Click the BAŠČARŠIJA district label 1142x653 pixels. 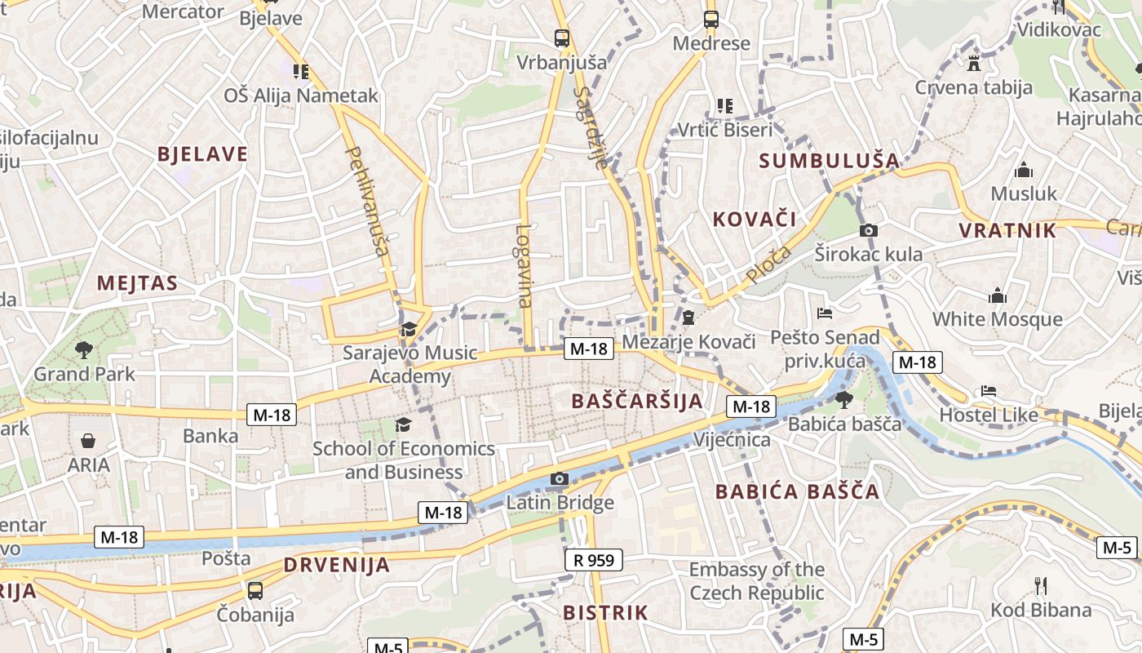point(637,401)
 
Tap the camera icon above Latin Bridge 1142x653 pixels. point(559,479)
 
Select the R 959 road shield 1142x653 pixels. point(594,560)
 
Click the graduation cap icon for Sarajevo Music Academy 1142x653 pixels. point(408,329)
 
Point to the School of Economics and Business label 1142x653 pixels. point(404,460)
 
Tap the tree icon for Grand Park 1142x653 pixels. point(83,351)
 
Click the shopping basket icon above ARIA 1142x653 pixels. point(88,442)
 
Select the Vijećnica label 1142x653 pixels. point(732,440)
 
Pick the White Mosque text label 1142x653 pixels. point(998,318)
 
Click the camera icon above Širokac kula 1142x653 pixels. point(869,231)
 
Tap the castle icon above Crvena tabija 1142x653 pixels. point(973,64)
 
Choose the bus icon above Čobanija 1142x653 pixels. point(255,590)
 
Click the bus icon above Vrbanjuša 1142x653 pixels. point(562,38)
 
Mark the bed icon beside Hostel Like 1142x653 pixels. point(989,391)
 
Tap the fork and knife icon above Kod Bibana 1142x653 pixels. point(1040,586)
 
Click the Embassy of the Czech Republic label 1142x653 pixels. point(757,581)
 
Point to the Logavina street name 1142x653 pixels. point(524,265)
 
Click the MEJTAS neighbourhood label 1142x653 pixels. point(137,283)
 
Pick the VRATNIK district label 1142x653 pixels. point(1007,230)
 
